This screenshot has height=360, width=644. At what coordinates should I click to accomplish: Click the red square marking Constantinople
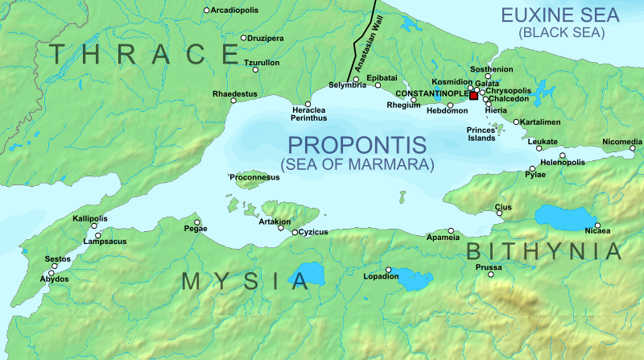click(474, 96)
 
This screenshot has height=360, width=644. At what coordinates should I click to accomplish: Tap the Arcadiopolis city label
click(238, 10)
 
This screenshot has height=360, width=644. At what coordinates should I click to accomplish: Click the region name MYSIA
click(245, 281)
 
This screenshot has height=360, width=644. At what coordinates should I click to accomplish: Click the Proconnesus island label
click(254, 176)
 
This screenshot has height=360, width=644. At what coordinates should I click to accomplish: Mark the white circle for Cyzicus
click(295, 232)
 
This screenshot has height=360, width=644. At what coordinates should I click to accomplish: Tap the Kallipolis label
click(89, 219)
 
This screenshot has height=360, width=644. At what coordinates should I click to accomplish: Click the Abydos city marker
click(52, 274)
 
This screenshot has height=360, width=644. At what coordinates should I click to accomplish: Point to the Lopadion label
click(382, 277)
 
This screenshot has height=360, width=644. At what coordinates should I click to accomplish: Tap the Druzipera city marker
click(244, 38)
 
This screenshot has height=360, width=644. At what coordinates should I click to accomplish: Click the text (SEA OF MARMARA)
click(357, 163)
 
